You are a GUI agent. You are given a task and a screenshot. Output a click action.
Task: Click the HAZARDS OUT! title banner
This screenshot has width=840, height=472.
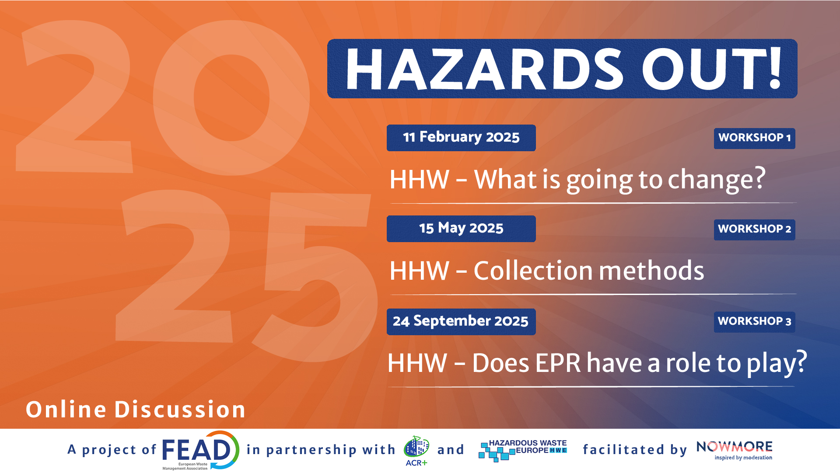(562, 69)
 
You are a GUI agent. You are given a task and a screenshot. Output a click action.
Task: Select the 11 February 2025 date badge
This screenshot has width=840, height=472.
(461, 138)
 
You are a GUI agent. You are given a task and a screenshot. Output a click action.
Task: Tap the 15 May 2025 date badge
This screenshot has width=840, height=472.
(461, 229)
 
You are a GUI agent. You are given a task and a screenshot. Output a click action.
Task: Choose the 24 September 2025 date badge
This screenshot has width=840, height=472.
(461, 322)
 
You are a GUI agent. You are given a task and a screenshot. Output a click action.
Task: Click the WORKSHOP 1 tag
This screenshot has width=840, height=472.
(755, 138)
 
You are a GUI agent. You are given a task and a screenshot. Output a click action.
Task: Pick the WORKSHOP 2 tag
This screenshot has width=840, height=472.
(755, 229)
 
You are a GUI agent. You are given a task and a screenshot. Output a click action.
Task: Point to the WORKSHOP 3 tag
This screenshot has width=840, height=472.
(755, 322)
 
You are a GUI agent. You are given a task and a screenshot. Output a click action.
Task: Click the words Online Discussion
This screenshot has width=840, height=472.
(136, 410)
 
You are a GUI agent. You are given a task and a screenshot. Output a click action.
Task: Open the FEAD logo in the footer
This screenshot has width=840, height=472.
(200, 450)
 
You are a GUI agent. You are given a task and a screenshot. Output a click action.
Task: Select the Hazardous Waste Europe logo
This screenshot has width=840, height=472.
(523, 450)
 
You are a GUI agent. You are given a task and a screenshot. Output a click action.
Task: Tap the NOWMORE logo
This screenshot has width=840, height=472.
(735, 451)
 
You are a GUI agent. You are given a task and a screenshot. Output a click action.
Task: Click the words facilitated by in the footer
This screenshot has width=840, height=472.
(635, 450)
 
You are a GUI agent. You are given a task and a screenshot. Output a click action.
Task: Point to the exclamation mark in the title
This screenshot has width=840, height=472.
(775, 68)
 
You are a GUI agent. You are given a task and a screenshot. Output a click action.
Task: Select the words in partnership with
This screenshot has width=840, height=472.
(321, 450)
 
